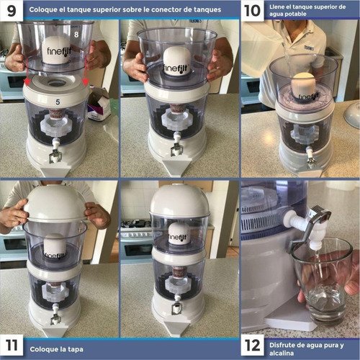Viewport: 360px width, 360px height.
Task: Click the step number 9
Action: tap(12, 11)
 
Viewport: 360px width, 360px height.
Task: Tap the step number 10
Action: tap(252, 11)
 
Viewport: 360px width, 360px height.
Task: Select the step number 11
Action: tap(12, 346)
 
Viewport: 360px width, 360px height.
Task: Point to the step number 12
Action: tap(252, 346)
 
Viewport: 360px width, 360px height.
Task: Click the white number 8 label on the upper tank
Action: tap(76, 35)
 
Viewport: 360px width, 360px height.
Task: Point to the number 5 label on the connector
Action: tap(58, 102)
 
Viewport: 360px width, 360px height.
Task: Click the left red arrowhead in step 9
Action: tap(27, 82)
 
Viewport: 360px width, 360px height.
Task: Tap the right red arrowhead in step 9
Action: tap(86, 82)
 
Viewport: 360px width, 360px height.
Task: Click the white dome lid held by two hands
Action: tap(55, 204)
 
